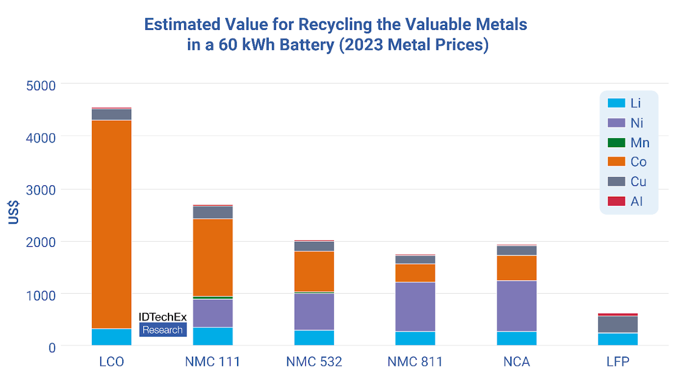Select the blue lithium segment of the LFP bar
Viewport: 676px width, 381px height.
coord(618,339)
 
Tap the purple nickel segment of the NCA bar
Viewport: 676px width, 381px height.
coord(517,306)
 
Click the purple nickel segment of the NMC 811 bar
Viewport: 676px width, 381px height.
coord(415,307)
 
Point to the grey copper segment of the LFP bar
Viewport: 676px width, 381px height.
coord(618,324)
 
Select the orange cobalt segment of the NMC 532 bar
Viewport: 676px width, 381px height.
coord(314,271)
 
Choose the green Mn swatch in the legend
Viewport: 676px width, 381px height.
coord(616,143)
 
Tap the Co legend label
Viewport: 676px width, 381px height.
coord(638,162)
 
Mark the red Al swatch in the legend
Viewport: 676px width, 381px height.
coord(616,201)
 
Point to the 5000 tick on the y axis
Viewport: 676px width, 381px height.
coord(41,86)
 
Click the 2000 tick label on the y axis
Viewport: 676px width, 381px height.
coord(41,243)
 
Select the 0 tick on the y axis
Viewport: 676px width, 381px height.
coord(52,348)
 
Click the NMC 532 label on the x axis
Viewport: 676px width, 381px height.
coord(314,362)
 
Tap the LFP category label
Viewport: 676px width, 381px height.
coord(618,362)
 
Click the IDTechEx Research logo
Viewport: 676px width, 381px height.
coord(163,325)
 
